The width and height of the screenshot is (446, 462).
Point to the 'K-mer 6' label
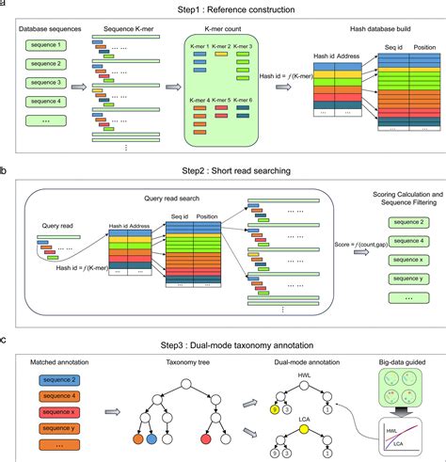point(268,101)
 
